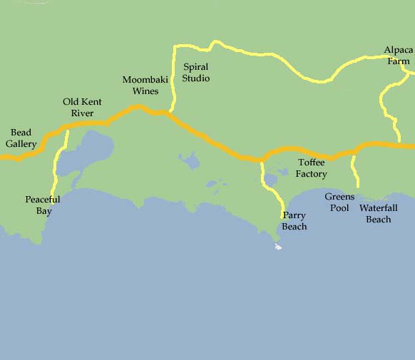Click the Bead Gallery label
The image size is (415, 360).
(21, 138)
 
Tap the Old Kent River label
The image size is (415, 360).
(82, 108)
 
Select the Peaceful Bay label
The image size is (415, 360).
(42, 205)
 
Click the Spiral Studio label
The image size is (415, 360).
(195, 73)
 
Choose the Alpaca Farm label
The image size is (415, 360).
(398, 56)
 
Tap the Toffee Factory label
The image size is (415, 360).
(312, 168)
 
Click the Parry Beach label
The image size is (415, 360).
(294, 221)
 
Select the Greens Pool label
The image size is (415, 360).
(339, 202)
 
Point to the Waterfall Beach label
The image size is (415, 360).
(378, 214)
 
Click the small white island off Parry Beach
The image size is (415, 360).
(278, 247)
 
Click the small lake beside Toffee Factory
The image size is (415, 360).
(270, 178)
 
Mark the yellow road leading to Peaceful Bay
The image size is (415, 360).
(54, 171)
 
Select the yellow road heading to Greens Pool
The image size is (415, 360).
(354, 171)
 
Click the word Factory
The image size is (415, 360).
(312, 174)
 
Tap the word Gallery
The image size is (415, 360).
(21, 144)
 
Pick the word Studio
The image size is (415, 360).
(195, 78)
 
